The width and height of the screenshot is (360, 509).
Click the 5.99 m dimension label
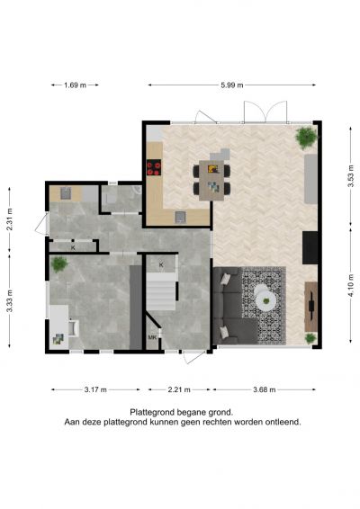(232, 85)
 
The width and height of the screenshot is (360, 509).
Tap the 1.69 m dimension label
(75, 85)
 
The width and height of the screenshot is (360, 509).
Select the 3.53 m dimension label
(351, 176)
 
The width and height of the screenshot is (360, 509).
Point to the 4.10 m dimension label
(351, 286)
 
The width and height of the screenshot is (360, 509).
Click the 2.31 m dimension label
(10, 219)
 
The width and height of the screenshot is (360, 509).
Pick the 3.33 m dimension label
(10, 301)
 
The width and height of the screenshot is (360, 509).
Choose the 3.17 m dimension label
(95, 389)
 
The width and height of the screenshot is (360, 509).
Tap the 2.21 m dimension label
(179, 389)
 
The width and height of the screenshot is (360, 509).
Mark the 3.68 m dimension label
(265, 389)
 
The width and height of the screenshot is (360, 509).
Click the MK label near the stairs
(152, 337)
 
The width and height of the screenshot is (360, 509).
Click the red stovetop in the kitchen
(154, 168)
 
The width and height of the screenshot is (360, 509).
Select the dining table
(211, 181)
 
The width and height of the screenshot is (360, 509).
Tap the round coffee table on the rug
(265, 297)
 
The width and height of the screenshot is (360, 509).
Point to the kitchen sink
(180, 217)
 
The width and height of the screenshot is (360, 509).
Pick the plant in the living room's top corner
(306, 138)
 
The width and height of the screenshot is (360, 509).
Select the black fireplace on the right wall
(310, 247)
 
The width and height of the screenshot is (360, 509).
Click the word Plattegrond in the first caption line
(152, 413)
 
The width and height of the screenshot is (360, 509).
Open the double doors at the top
(265, 112)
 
